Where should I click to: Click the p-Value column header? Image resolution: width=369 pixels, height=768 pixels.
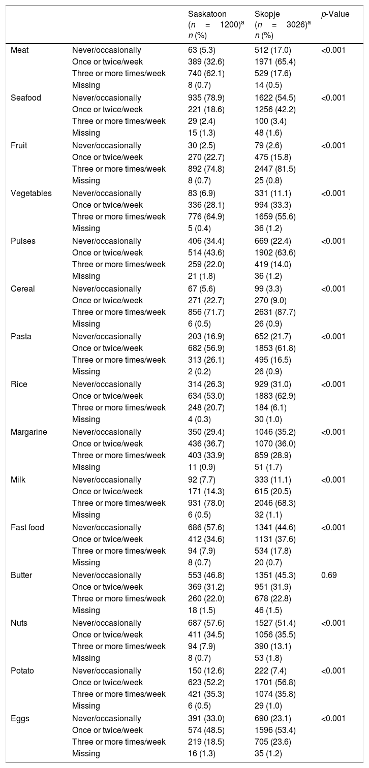[x=335, y=14]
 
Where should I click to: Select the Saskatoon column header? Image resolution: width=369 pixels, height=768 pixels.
[x=207, y=14]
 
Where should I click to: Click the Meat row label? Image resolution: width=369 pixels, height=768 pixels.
[x=20, y=50]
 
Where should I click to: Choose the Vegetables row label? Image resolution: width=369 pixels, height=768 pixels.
[x=31, y=193]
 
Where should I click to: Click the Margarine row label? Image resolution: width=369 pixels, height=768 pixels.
[x=29, y=432]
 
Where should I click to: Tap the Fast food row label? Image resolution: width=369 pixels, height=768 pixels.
[x=27, y=527]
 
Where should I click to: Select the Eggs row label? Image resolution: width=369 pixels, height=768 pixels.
[x=20, y=718]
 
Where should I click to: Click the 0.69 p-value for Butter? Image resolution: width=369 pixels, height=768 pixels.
[x=328, y=575]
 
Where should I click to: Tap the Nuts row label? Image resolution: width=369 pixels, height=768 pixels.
[x=19, y=623]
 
